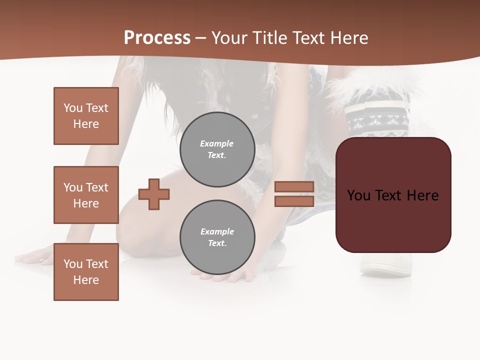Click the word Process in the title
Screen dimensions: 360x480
pos(157,37)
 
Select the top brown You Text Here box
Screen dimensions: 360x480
pos(86,116)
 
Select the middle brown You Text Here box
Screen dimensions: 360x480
pos(86,195)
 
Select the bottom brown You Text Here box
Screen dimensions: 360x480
pos(86,272)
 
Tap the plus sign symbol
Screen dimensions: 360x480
pos(154,194)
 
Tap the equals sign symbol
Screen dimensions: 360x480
pos(294,194)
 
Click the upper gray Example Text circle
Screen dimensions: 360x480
pos(217,149)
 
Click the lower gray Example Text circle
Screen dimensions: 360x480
pos(217,237)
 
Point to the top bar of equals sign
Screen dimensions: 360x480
pos(294,186)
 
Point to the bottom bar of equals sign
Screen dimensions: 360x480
pos(294,201)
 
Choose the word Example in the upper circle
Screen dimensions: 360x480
pos(216,143)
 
